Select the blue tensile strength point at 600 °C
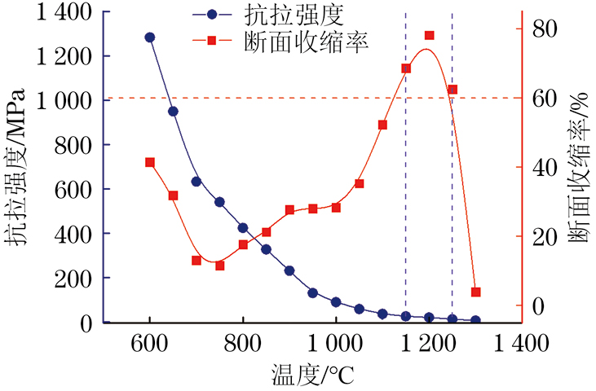tap(150, 37)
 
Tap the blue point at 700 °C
tap(196, 182)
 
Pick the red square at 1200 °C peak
tap(430, 36)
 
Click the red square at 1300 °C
tap(476, 292)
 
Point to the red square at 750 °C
tap(220, 266)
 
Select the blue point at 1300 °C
tap(476, 320)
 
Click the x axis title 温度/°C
tap(313, 376)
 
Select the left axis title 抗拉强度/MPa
tap(18, 167)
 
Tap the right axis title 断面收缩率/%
tap(581, 167)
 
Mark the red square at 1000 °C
tap(337, 208)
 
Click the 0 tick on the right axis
tap(536, 306)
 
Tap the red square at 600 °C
tap(150, 163)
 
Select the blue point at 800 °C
tap(243, 228)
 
